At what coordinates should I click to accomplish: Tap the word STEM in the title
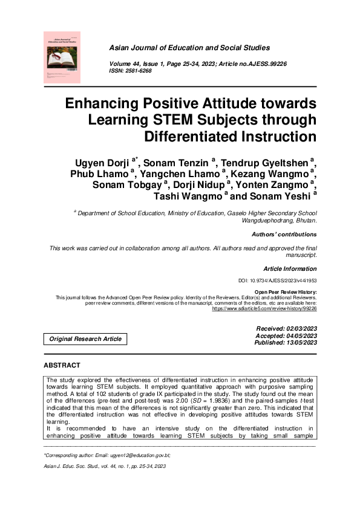pyautogui.click(x=172, y=119)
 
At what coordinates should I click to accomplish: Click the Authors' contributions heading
pyautogui.click(x=283, y=235)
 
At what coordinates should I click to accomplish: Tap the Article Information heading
pyautogui.click(x=290, y=268)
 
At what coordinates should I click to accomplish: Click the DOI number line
pyautogui.click(x=278, y=281)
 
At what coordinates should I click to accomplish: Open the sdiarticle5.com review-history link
pyautogui.click(x=264, y=308)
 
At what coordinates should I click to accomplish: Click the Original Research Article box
pyautogui.click(x=85, y=339)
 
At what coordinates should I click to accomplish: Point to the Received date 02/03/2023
pyautogui.click(x=287, y=328)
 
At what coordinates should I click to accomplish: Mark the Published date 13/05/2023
pyautogui.click(x=286, y=343)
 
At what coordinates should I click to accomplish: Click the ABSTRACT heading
pyautogui.click(x=62, y=366)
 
